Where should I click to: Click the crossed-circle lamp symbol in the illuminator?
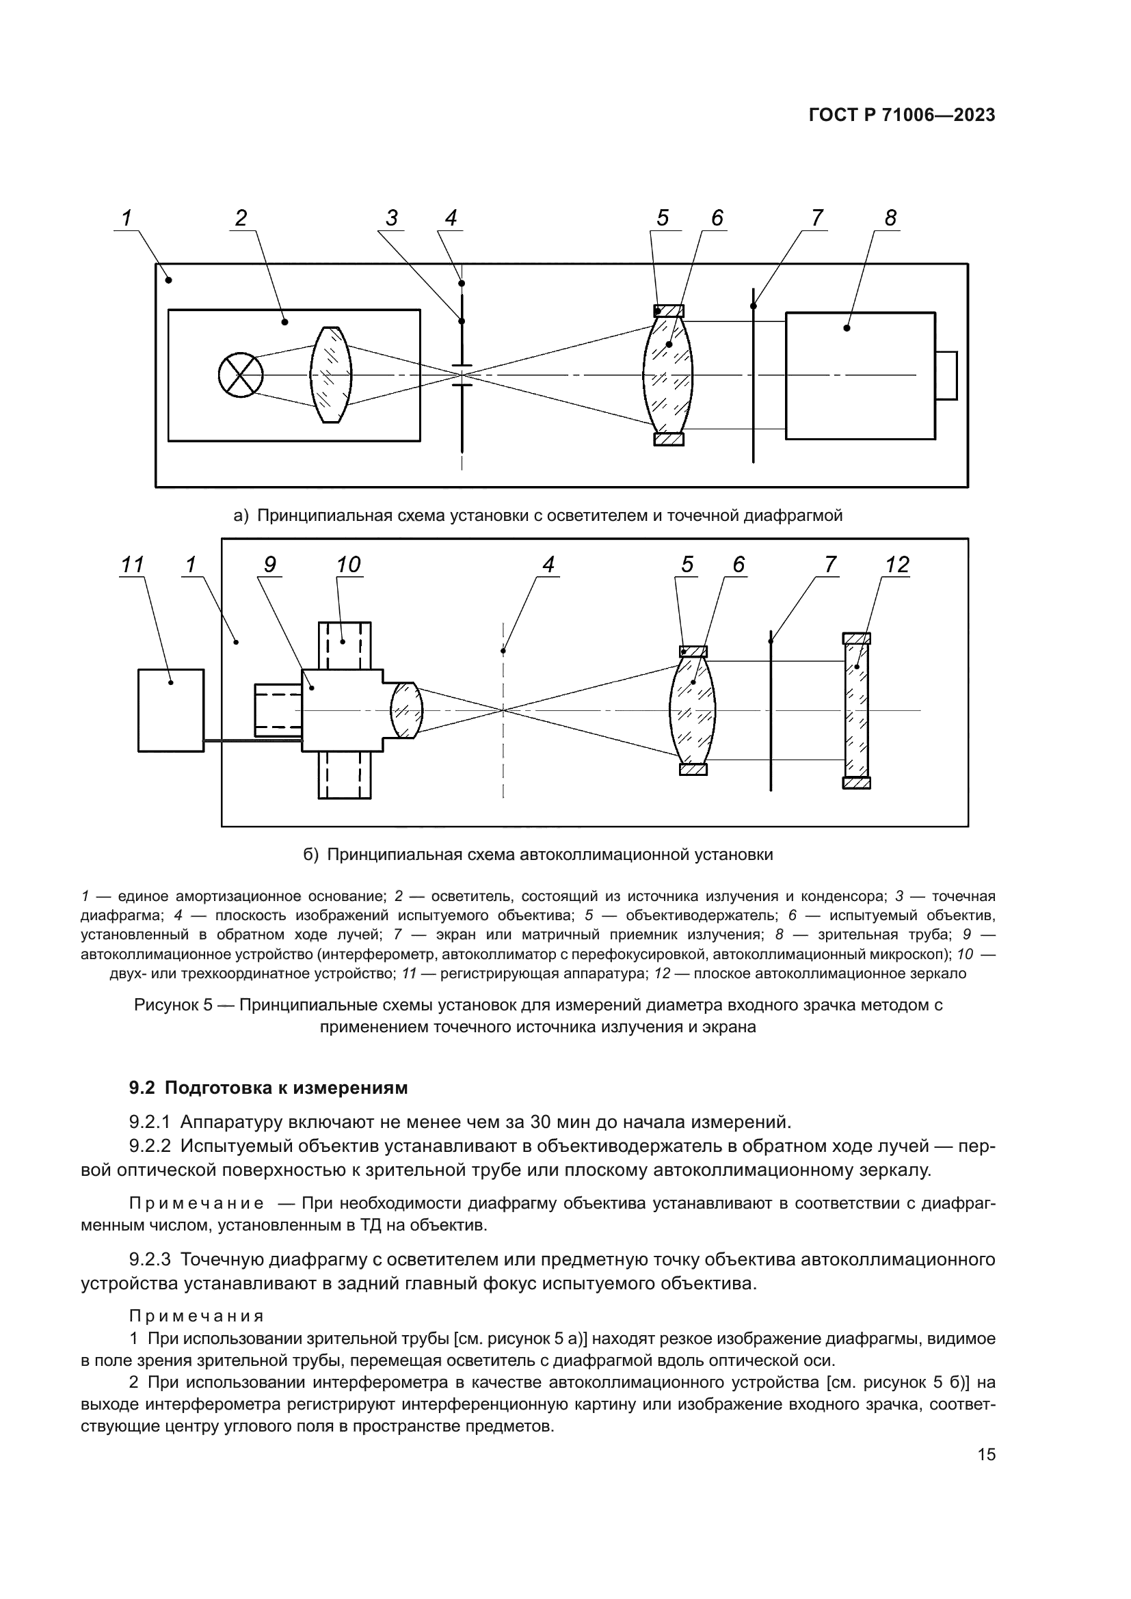click(x=240, y=375)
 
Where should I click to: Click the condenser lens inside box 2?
click(x=331, y=375)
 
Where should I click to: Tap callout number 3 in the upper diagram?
click(x=392, y=218)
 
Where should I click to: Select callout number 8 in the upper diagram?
click(x=890, y=218)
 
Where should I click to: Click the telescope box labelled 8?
click(x=860, y=376)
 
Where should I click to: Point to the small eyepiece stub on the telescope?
click(x=946, y=375)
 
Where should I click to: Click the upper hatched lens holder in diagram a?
click(x=669, y=311)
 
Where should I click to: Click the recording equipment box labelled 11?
click(x=171, y=710)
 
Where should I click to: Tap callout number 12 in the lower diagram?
click(x=896, y=565)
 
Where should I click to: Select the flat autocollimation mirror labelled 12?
click(x=856, y=710)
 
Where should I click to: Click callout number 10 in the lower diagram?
click(x=348, y=565)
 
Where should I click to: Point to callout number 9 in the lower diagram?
click(x=270, y=565)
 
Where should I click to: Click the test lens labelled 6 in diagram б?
click(x=692, y=710)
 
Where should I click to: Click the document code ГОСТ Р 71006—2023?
click(x=902, y=116)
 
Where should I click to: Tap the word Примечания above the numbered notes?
click(x=196, y=1315)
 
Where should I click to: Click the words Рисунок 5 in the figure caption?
click(x=172, y=1005)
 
